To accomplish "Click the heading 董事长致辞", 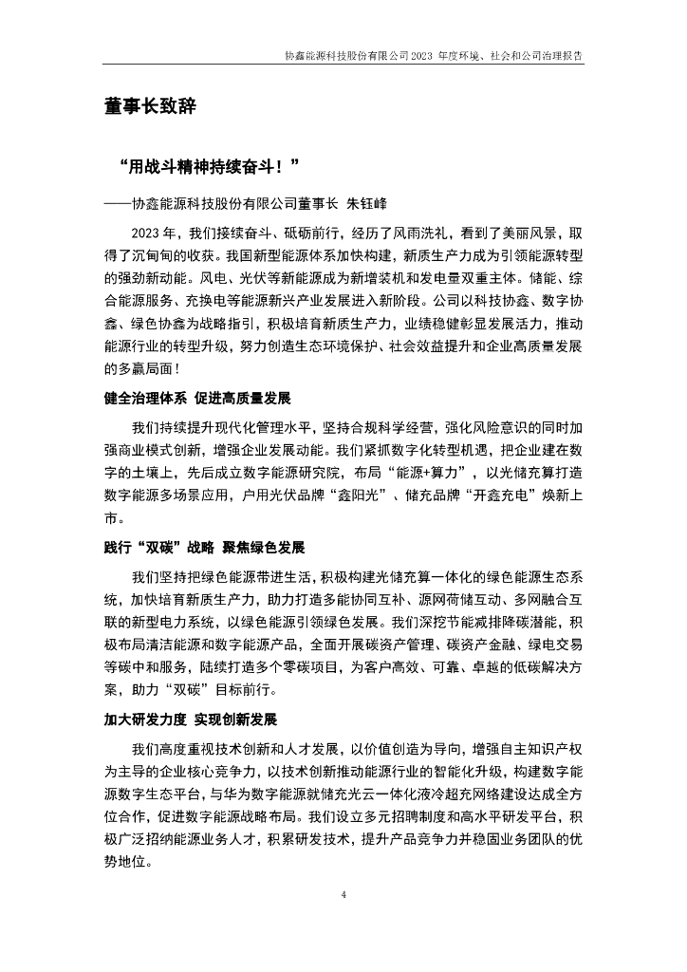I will (x=150, y=107).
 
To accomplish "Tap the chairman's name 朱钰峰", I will (x=365, y=203).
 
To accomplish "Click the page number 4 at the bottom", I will (x=343, y=895).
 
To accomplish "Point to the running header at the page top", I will (x=434, y=56).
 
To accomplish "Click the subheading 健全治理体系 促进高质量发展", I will (x=197, y=396).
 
